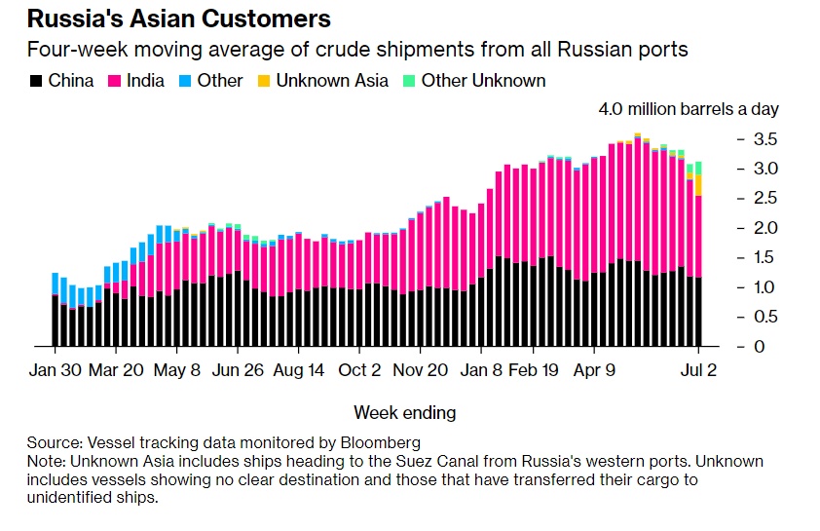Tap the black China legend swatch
[35, 81]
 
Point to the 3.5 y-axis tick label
[765, 139]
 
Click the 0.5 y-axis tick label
[765, 317]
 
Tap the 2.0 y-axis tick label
[765, 228]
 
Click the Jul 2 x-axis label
[697, 371]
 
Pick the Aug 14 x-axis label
[298, 371]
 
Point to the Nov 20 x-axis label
[420, 371]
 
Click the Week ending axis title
[404, 413]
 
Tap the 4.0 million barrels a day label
[688, 110]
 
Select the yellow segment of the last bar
[698, 184]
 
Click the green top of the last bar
[698, 168]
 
